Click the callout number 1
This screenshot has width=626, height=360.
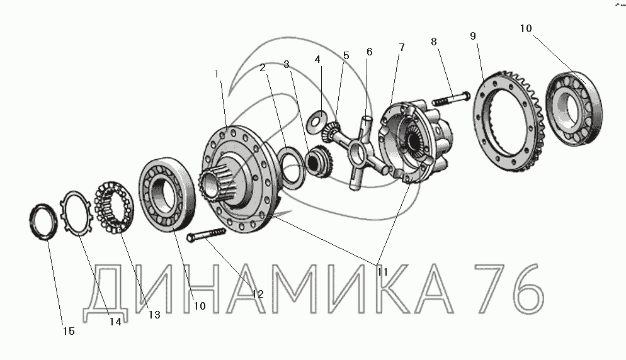pos(217,74)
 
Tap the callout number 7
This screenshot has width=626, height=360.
pos(402,47)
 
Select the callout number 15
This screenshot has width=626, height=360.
pos(69,331)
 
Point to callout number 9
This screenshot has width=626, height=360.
pos(473,36)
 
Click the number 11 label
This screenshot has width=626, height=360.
pos(382,272)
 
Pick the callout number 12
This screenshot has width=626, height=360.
pos(258,294)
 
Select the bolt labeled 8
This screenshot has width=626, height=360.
pos(451,98)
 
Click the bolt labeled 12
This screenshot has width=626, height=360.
pos(206,234)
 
